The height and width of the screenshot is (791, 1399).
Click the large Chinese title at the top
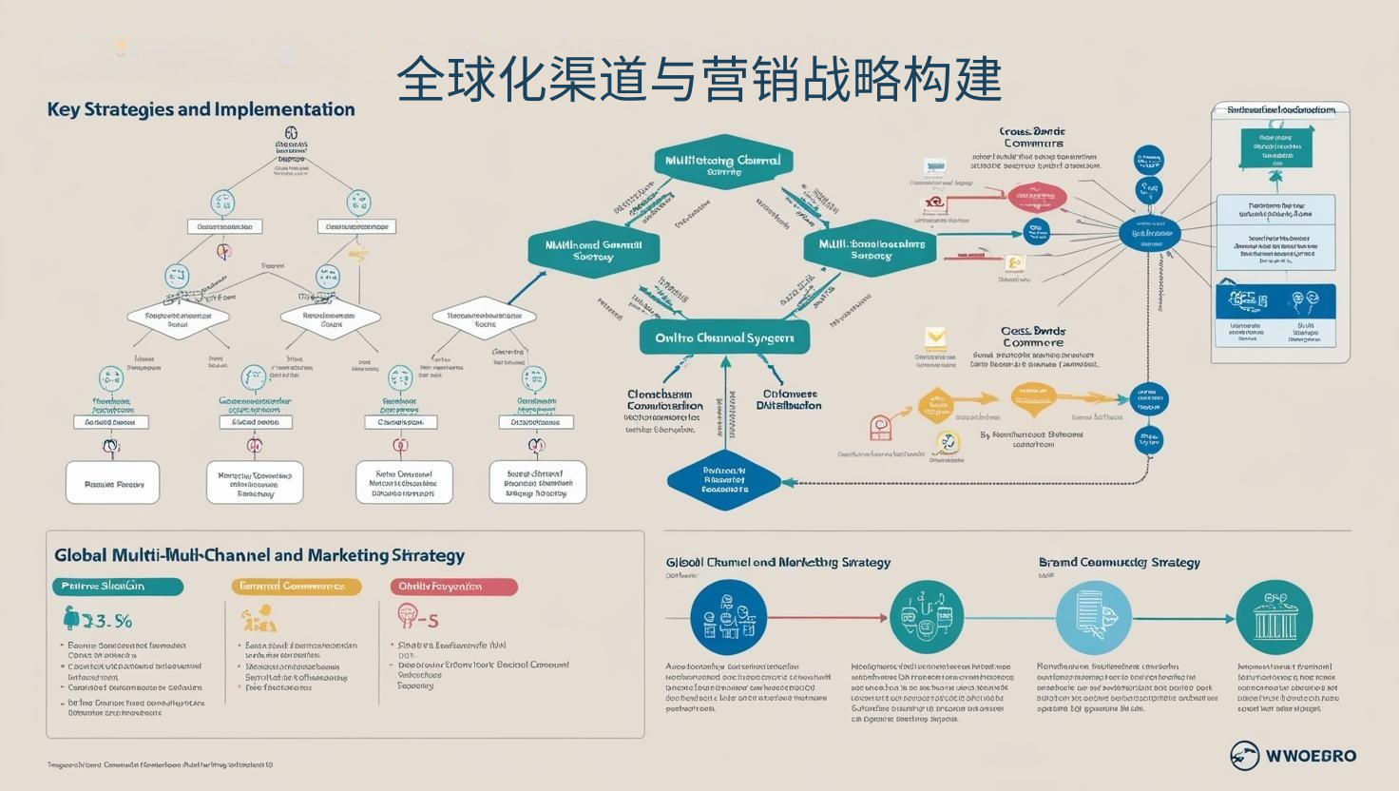click(699, 78)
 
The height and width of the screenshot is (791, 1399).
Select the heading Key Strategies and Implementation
click(201, 109)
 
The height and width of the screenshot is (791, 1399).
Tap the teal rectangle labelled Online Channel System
click(724, 338)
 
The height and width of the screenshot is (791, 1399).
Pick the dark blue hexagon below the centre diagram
click(724, 480)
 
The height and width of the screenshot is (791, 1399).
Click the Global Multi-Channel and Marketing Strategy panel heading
click(259, 555)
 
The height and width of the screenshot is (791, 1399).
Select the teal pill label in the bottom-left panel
click(117, 587)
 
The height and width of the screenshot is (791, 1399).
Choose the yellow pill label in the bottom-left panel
click(297, 587)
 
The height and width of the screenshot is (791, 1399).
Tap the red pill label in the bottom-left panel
click(453, 587)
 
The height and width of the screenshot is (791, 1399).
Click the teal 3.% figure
click(98, 621)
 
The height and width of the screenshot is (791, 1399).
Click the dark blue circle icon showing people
click(728, 617)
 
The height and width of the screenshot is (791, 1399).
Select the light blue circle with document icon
click(1094, 617)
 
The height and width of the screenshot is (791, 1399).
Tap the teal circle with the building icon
click(1274, 617)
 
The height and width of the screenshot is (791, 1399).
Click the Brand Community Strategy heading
click(1119, 562)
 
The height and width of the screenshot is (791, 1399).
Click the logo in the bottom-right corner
click(1293, 756)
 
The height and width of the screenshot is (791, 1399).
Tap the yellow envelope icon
click(936, 338)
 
